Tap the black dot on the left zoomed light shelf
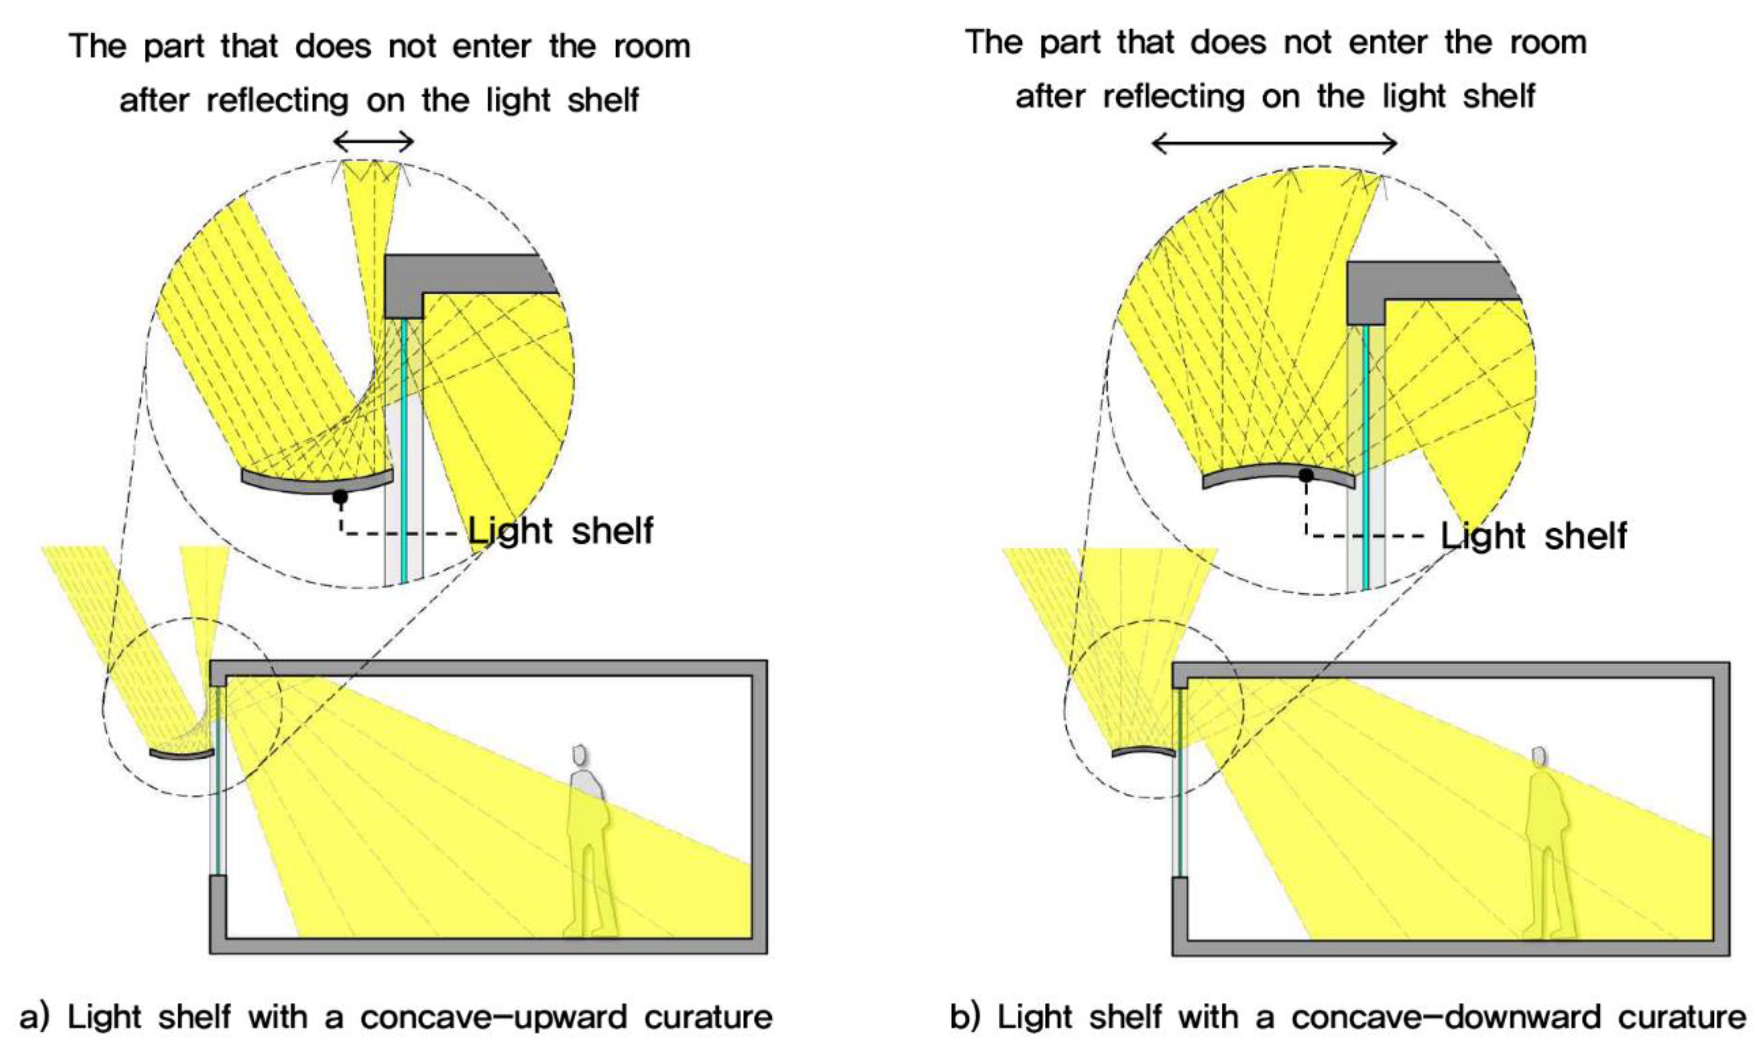[x=340, y=496]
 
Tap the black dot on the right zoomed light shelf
[x=1306, y=475]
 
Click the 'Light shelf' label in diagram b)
[x=1533, y=536]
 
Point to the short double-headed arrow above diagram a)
[x=373, y=142]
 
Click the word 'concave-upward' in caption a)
[x=494, y=1017]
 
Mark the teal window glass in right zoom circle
[x=1365, y=457]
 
